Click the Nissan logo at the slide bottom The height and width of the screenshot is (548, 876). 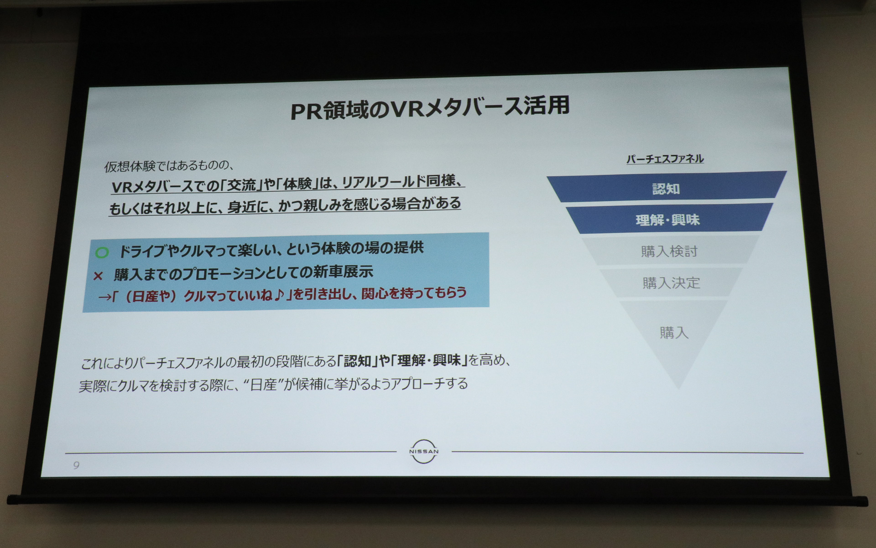coord(423,451)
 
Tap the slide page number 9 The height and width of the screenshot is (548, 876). coord(76,465)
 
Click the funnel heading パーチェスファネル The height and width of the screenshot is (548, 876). coord(665,159)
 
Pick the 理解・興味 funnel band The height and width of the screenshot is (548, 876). coord(667,220)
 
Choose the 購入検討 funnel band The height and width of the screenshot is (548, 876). coord(669,251)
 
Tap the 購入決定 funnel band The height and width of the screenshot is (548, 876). coord(671,283)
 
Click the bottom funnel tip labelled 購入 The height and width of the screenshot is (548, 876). coord(674,333)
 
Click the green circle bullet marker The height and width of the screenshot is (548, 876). coord(102,252)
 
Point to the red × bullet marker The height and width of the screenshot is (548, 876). coord(98,276)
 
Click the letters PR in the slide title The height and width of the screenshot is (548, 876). coord(307,111)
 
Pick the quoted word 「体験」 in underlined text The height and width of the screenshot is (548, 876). coord(297,184)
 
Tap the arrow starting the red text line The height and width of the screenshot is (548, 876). coord(104,297)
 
